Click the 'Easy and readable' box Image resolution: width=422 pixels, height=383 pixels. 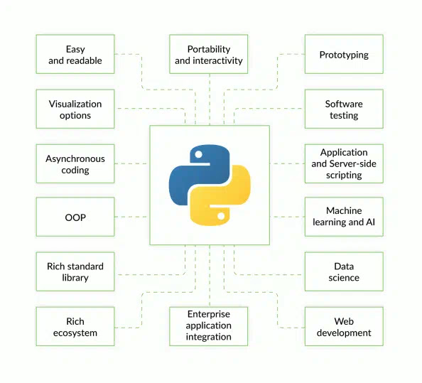pos(75,55)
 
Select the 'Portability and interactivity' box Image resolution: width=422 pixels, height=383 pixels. pos(209,55)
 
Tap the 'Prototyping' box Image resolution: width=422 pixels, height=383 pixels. pos(344,55)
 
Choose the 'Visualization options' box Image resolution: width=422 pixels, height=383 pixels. pos(75,109)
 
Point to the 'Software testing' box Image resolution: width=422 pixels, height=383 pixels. pos(344,109)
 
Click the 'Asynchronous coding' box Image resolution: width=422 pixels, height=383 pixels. pos(75,163)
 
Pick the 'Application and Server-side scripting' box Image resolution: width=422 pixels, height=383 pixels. pos(344,163)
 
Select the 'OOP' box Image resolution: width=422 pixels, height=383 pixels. pos(75,217)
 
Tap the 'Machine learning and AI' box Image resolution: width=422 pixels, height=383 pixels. pos(344,217)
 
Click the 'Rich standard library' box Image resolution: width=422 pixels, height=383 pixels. pos(75,271)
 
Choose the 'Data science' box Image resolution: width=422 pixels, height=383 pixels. pos(344,271)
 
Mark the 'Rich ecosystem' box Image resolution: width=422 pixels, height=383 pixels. pos(75,326)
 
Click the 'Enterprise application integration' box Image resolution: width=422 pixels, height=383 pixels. pos(209,325)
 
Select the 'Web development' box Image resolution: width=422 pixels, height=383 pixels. pos(344,326)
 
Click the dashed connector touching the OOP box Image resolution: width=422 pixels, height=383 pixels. pos(131,217)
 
